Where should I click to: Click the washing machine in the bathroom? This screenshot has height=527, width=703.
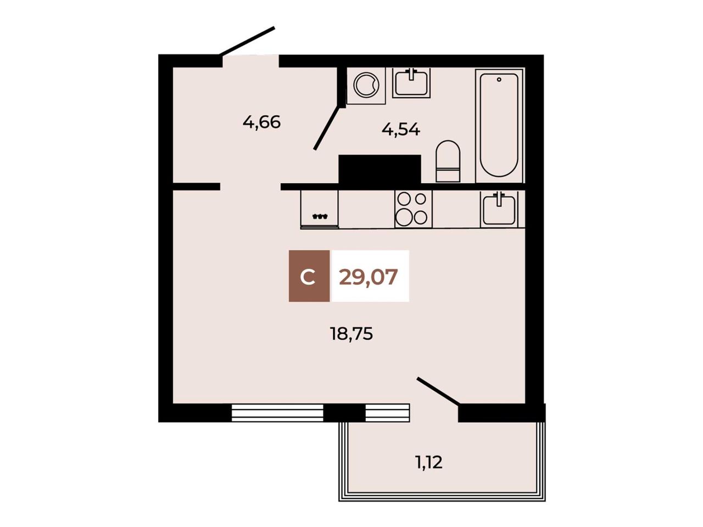[366, 86]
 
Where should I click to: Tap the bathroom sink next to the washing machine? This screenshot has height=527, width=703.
[411, 83]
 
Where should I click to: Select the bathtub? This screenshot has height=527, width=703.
[499, 125]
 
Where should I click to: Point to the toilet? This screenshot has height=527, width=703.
[448, 161]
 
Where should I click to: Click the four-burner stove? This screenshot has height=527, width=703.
[413, 209]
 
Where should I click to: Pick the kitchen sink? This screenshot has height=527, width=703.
[499, 209]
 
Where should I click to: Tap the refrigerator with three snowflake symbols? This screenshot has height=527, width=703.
[319, 210]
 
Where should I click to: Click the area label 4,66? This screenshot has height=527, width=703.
[261, 122]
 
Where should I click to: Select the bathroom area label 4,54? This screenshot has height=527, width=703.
[401, 130]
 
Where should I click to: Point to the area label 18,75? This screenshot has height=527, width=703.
[351, 334]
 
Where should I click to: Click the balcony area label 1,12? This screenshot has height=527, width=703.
[429, 462]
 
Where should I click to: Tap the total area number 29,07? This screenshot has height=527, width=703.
[369, 277]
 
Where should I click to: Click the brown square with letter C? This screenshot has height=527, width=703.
[309, 276]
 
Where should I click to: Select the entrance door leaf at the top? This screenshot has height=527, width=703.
[247, 41]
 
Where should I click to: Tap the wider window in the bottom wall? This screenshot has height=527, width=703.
[277, 413]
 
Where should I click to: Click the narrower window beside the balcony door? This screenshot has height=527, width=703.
[388, 413]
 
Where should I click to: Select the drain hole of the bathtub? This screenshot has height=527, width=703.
[499, 80]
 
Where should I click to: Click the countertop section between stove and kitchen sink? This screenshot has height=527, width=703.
[456, 209]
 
